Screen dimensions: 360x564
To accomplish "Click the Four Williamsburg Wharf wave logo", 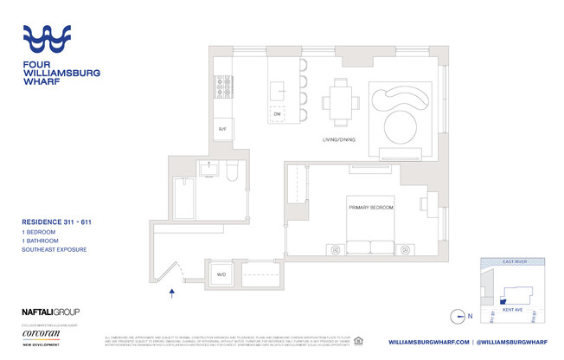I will (57, 39).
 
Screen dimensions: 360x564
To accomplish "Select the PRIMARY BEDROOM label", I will (372, 208).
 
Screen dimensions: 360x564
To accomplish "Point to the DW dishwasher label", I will (278, 114).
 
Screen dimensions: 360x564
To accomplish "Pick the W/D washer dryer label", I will (221, 275).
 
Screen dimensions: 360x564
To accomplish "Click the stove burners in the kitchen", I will (221, 87).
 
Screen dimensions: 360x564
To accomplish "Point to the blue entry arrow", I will (173, 294).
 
